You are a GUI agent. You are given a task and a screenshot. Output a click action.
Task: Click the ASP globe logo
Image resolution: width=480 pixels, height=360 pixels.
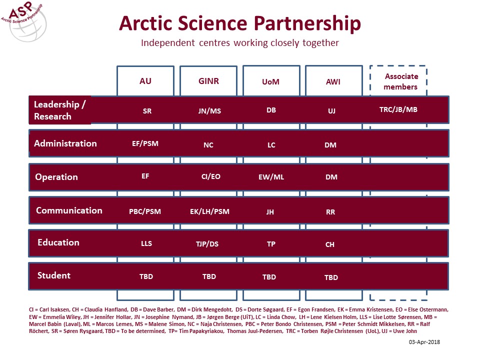point(24,21)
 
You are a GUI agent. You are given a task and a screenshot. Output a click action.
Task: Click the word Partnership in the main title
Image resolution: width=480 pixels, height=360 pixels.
point(307,23)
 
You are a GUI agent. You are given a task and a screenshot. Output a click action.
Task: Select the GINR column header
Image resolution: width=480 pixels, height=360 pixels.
point(208,81)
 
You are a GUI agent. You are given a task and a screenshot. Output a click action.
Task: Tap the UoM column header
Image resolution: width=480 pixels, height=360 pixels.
point(271,81)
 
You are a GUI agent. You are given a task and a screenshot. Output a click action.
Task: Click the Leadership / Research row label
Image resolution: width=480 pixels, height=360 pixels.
point(59,110)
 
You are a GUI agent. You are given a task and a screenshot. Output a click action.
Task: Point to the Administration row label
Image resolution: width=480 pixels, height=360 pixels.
point(65,143)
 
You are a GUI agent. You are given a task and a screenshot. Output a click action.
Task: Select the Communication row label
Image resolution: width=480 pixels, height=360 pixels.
point(69,210)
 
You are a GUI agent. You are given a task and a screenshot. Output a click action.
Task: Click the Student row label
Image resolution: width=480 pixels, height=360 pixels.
point(54,275)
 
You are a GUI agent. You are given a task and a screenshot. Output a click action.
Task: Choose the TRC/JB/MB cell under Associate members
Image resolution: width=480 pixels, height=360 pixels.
point(398,109)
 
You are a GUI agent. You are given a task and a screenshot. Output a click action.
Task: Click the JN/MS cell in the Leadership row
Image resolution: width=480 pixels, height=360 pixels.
point(209,111)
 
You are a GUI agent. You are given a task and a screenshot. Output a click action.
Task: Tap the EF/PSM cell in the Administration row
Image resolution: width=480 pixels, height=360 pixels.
point(145,143)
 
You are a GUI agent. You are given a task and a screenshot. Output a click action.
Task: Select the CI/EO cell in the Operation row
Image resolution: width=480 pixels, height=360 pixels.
point(210,176)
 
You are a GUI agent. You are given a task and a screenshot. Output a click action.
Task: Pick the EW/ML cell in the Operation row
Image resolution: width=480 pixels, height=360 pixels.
point(271,177)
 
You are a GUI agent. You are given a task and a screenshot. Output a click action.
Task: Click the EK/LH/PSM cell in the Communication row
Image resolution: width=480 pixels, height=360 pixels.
point(209,211)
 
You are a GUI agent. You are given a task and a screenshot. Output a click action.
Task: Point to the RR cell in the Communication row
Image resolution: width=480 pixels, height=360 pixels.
point(330,212)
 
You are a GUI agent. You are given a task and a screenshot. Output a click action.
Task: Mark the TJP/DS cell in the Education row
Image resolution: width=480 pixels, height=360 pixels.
point(207,244)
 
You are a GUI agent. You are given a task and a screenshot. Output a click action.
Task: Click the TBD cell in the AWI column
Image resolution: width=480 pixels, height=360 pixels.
point(331,277)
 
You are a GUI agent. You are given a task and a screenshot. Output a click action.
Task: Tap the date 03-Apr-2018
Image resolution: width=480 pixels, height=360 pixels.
point(424,342)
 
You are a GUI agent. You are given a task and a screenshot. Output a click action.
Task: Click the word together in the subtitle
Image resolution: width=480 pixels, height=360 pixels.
point(320,43)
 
